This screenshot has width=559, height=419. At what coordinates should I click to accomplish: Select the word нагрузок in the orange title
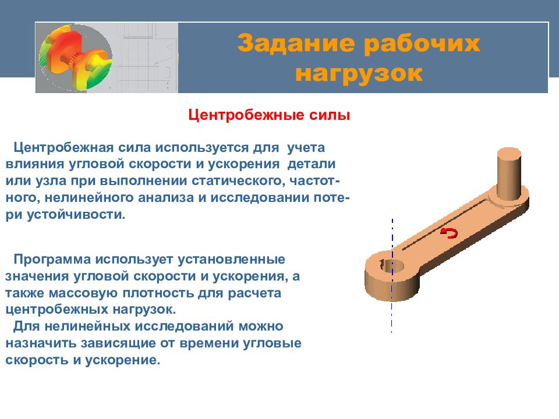(x=359, y=73)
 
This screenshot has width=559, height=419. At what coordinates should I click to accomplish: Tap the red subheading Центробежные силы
(x=269, y=115)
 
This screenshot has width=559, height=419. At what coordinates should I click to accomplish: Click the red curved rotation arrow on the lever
(x=449, y=233)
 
